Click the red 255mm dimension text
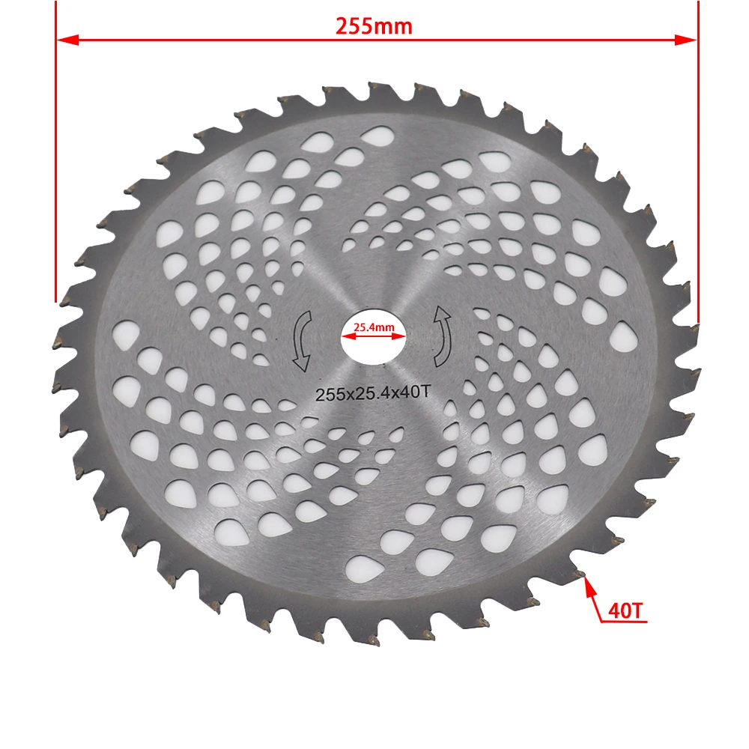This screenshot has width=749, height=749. click(x=374, y=26)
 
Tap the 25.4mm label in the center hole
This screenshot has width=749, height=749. click(x=373, y=327)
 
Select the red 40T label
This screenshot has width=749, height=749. click(x=626, y=610)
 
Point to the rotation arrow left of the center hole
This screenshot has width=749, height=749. click(x=302, y=341)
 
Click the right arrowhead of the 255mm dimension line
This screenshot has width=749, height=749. click(x=685, y=39)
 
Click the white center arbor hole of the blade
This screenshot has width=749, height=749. click(x=374, y=347)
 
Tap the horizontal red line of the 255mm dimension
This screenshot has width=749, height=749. click(x=225, y=39)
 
